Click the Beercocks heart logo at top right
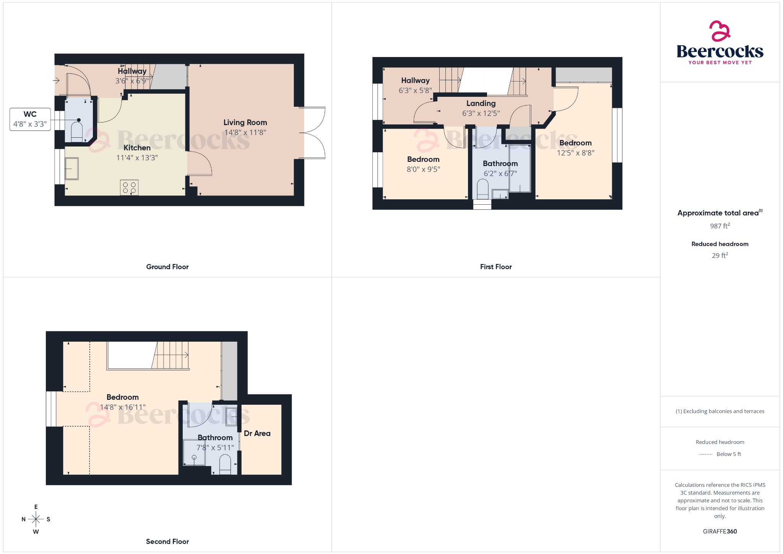720,31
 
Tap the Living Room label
245,122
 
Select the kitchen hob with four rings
129,187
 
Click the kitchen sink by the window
71,169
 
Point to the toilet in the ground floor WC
77,132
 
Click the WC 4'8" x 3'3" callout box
30,119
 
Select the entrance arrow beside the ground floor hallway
56,80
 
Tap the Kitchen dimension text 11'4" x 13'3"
137,158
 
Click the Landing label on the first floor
481,103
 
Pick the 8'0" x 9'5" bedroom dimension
423,169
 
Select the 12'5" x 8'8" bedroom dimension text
575,153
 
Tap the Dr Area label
257,433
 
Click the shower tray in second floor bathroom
194,453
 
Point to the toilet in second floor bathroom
225,464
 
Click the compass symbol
36,519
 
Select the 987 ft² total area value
720,226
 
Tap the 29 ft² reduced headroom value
720,256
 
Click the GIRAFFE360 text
720,531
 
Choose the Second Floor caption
167,541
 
